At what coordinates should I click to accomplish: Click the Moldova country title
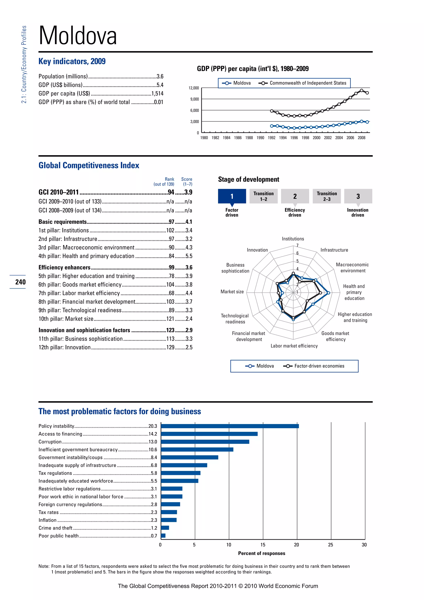click(78, 36)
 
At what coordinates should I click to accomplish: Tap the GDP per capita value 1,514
click(157, 94)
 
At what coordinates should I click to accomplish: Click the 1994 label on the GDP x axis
click(283, 138)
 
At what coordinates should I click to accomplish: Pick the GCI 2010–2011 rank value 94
click(171, 192)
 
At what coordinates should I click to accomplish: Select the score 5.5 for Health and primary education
click(189, 256)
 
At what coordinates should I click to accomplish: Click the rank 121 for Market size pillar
click(170, 319)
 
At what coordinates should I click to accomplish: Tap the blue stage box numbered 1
click(232, 196)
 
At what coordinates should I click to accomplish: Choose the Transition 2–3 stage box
click(327, 196)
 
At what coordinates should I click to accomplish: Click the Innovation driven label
click(357, 212)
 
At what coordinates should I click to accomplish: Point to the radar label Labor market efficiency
click(294, 346)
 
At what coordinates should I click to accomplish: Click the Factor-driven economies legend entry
click(319, 366)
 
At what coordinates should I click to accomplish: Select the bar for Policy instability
click(230, 426)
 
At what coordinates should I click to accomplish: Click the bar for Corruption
click(205, 442)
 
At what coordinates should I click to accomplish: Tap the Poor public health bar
click(163, 536)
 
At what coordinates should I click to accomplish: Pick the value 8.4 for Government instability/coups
click(154, 458)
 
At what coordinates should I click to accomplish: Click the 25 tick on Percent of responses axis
click(331, 545)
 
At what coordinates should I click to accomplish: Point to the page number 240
click(20, 282)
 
